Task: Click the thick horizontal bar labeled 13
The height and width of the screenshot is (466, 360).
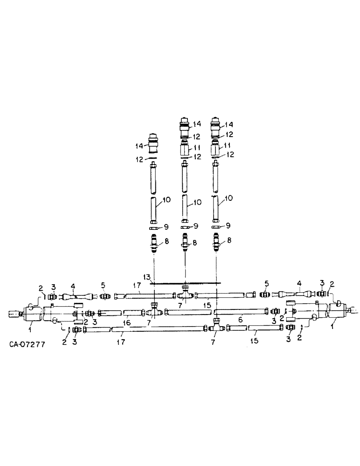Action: pyautogui.click(x=187, y=282)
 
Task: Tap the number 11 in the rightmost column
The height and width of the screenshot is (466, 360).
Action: pyautogui.click(x=228, y=146)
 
